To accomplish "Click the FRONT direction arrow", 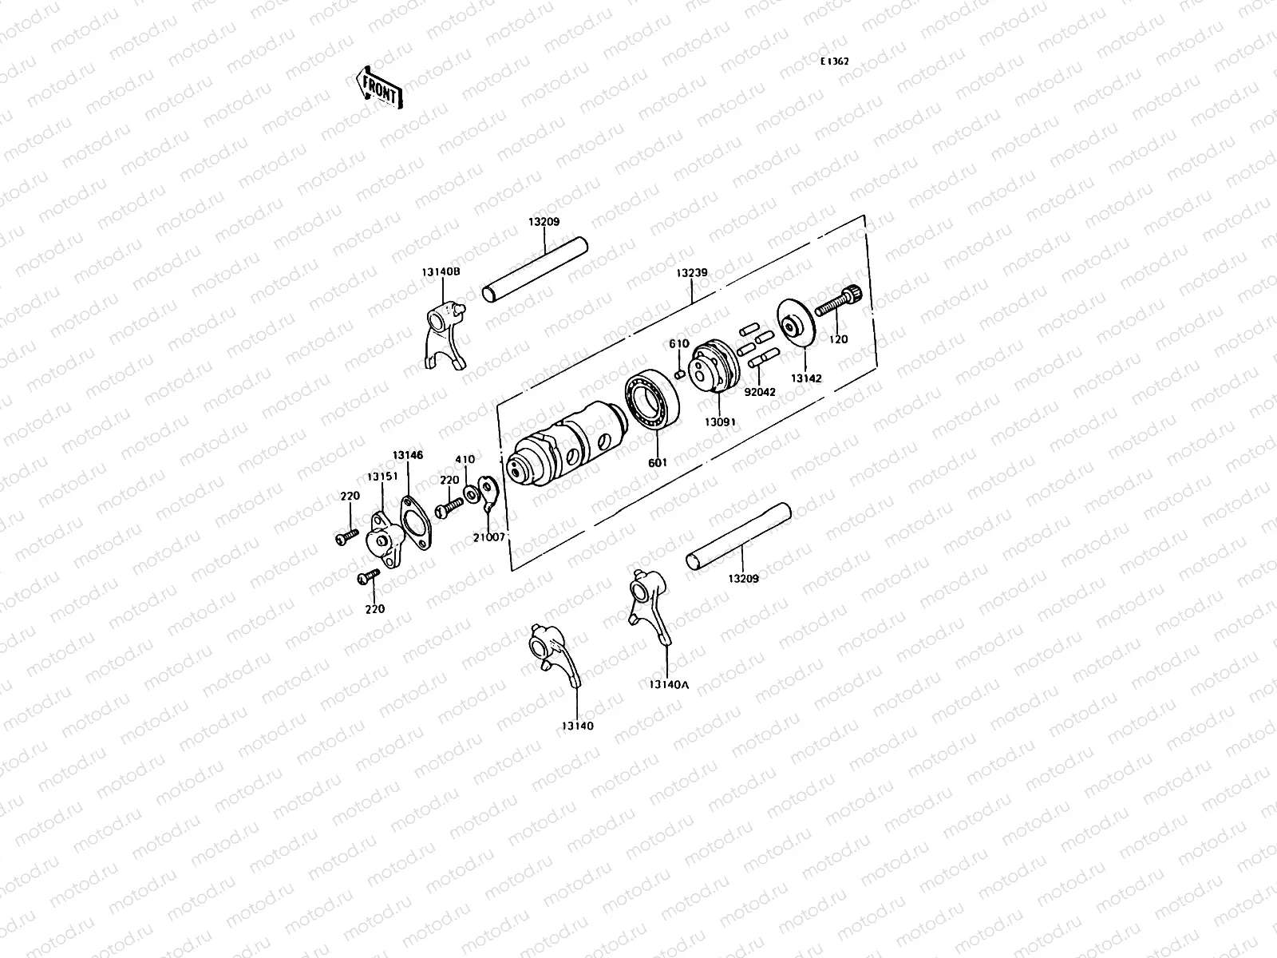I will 378,86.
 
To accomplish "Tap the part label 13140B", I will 441,271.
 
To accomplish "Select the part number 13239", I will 691,272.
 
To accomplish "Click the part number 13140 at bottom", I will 576,726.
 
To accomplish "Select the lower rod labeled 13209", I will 737,536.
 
